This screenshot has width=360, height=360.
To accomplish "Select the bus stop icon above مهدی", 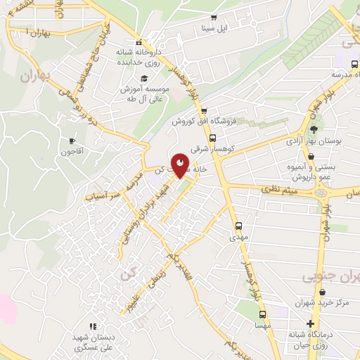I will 238,226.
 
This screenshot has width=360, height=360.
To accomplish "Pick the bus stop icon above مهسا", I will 262,315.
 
